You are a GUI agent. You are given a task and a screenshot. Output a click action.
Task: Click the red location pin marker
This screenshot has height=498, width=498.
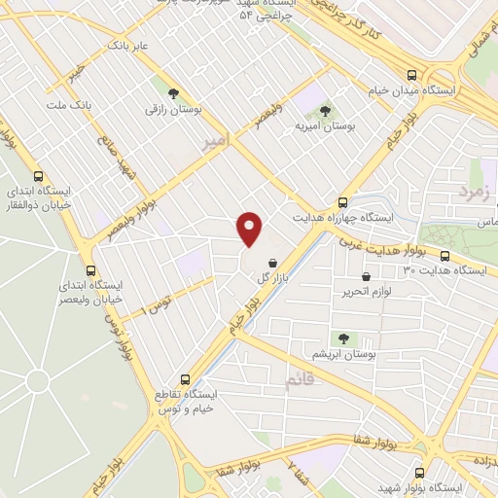(251, 229)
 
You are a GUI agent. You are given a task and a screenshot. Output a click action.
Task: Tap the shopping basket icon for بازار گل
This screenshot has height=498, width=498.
(270, 263)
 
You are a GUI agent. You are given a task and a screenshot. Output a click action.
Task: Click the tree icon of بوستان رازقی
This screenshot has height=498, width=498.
(173, 94)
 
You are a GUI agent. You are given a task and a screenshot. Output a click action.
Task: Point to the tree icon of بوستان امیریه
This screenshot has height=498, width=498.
(325, 111)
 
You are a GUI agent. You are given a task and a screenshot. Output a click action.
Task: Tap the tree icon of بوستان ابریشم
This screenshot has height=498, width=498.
(343, 338)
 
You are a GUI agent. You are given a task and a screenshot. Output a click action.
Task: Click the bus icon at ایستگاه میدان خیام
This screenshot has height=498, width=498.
(411, 75)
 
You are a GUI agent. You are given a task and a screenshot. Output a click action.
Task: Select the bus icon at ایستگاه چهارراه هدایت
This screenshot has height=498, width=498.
(341, 202)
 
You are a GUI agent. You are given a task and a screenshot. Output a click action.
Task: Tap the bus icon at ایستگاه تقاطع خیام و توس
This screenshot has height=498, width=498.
(187, 379)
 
